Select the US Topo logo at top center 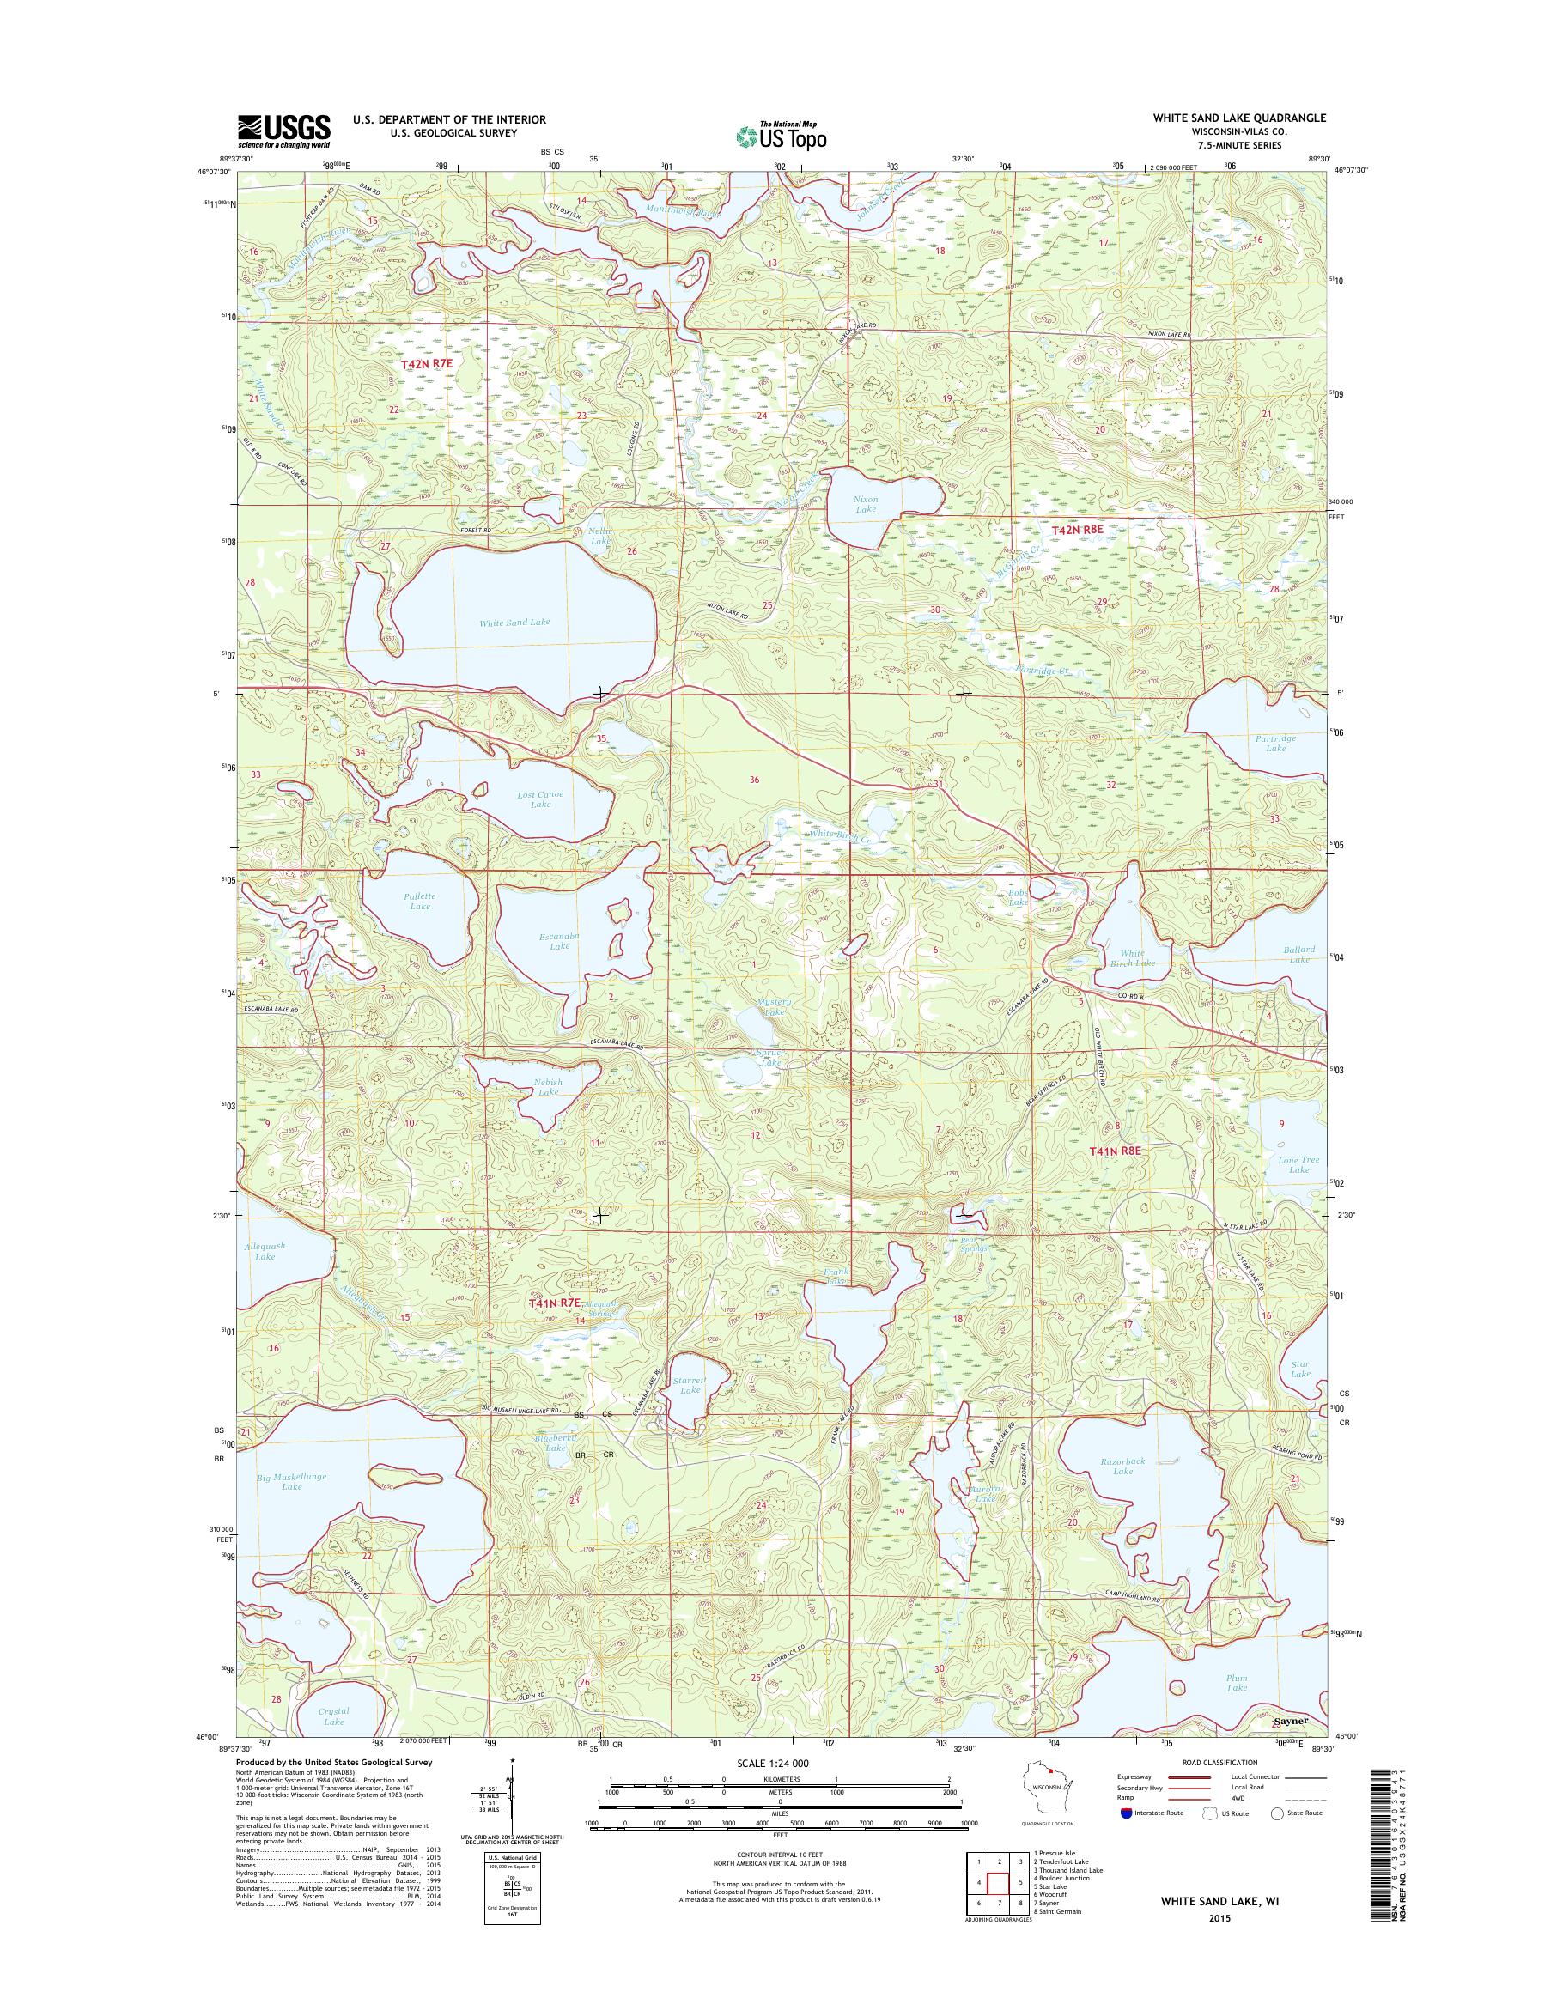coord(781,136)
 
